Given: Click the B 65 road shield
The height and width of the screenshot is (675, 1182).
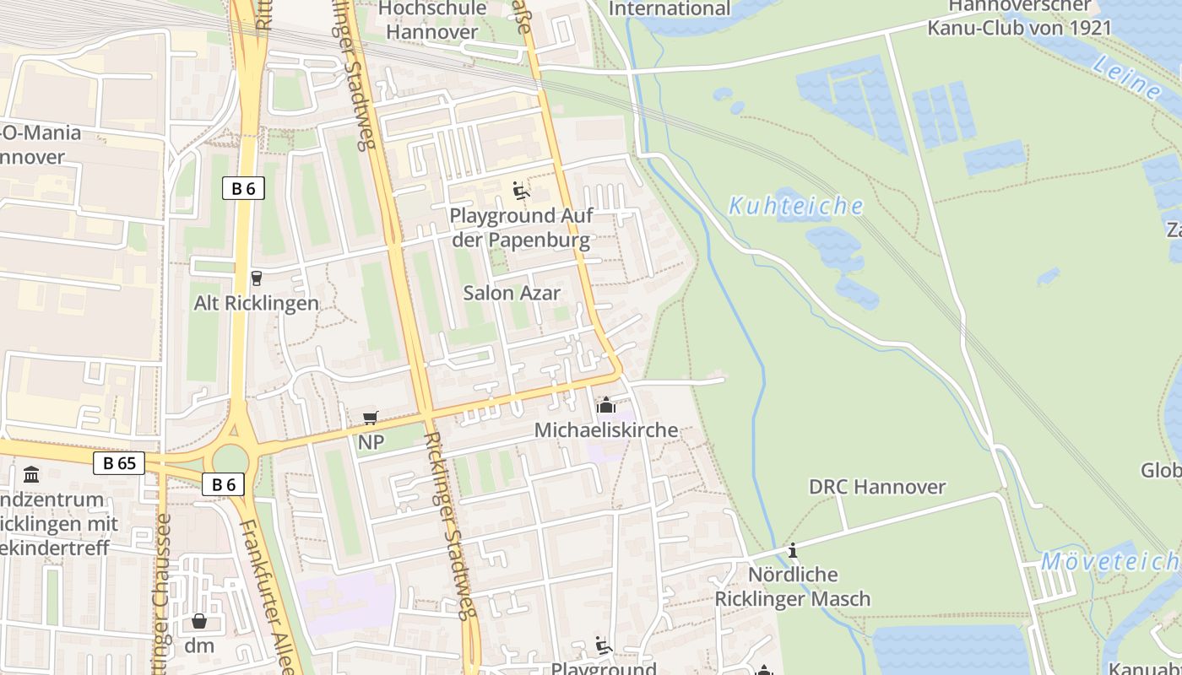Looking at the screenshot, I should (x=119, y=462).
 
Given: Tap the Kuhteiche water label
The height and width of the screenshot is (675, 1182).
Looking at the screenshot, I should (x=796, y=206).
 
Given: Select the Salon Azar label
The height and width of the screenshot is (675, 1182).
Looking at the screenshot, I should (x=512, y=293).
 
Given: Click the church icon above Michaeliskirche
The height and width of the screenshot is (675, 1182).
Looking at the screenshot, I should (x=605, y=406).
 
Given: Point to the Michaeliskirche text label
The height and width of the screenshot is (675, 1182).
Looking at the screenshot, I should (x=605, y=430).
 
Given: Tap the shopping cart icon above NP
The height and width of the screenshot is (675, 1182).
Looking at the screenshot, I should (x=370, y=418).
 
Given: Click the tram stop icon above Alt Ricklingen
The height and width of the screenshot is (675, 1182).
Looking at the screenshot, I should (x=257, y=278).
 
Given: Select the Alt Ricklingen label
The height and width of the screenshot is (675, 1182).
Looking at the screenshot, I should (x=257, y=303).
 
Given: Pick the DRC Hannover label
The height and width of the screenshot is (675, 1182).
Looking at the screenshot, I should (x=877, y=487).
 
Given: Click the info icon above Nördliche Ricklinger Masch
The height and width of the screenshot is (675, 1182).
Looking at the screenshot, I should (x=792, y=551).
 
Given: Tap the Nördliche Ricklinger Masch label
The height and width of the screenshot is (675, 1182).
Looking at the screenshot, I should (x=793, y=586).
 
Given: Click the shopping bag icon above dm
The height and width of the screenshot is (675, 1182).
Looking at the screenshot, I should (x=199, y=622).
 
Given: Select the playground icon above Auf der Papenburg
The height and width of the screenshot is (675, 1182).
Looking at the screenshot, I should (x=521, y=191).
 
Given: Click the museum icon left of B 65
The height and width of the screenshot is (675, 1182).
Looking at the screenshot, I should (x=32, y=474).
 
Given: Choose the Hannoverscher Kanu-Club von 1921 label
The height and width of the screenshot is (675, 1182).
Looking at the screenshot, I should (x=1019, y=17).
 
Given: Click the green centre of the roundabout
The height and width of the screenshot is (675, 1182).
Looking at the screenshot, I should (x=230, y=461).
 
